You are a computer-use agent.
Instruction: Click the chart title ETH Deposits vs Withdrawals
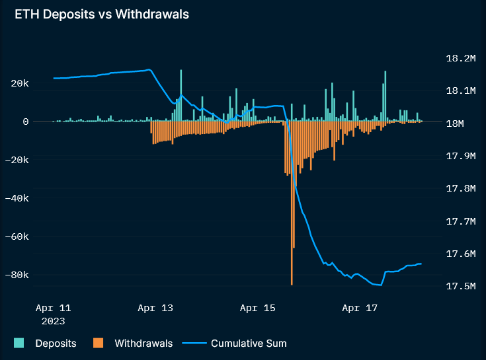102,15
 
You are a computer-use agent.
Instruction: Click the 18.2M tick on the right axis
461,59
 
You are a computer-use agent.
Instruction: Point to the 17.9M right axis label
461,157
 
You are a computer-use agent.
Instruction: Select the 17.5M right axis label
461,287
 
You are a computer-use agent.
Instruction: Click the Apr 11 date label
54,308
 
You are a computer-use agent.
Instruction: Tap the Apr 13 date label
155,308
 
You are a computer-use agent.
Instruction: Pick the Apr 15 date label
258,308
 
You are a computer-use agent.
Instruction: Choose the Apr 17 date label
360,308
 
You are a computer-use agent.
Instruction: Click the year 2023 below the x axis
54,321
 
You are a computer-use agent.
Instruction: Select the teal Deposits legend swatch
19,343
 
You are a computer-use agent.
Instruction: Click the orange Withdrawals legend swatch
99,343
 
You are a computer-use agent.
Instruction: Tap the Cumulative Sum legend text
249,343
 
